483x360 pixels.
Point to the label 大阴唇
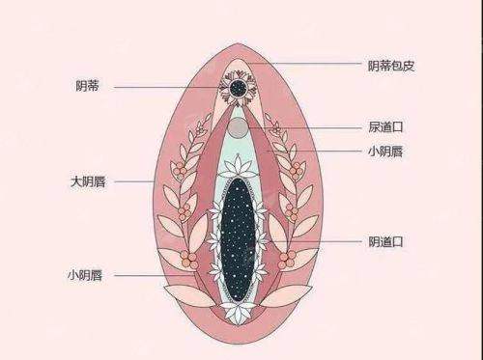(88, 180)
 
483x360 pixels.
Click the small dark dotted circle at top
(236, 89)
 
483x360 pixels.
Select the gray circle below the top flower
(237, 127)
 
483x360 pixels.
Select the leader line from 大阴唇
(135, 180)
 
